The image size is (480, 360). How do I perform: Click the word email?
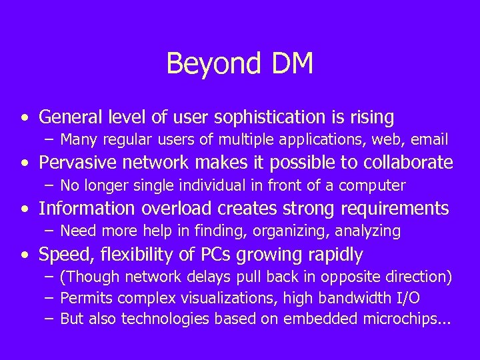[429, 140]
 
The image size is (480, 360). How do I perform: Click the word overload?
[175, 209]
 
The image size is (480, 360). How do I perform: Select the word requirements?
[395, 209]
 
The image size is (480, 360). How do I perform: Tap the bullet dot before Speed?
[25, 255]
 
